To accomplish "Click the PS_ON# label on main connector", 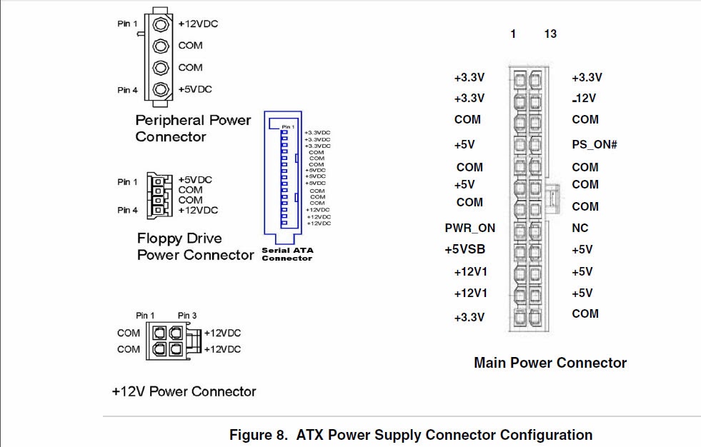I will [x=595, y=144].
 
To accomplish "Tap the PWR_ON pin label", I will [x=469, y=228].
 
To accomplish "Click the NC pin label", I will [x=580, y=228].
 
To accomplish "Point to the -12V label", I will [x=585, y=99].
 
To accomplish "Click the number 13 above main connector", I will [x=550, y=34].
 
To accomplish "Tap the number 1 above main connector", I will [x=513, y=34].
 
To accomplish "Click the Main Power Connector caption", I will [x=550, y=363].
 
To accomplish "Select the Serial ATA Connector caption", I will [x=287, y=254].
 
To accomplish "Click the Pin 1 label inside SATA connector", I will [x=288, y=127].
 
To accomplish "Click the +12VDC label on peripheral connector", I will [x=198, y=24].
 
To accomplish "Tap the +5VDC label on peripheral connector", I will [x=195, y=89].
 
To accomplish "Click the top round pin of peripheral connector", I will [x=161, y=24].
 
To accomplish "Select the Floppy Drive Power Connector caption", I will [x=194, y=246].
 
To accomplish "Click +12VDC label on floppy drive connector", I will [x=198, y=210].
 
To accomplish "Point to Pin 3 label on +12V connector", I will [x=187, y=315].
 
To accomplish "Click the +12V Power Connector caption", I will [x=184, y=391].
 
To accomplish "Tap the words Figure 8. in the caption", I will [x=259, y=435].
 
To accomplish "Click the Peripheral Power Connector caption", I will [x=193, y=129].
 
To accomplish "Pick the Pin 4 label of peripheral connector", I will [x=128, y=90].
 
